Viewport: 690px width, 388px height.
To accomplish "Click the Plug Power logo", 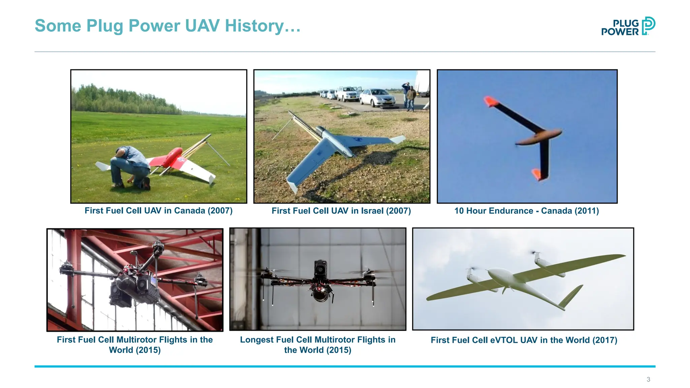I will [628, 26].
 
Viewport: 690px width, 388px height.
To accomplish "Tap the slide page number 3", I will [648, 379].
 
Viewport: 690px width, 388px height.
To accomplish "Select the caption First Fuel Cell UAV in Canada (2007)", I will [158, 211].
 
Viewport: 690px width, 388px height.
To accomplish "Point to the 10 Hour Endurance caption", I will [526, 211].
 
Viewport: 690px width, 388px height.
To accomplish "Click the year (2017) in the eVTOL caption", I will [605, 340].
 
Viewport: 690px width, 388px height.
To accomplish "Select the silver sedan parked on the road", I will [377, 98].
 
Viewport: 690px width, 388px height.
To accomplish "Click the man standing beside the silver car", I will [410, 98].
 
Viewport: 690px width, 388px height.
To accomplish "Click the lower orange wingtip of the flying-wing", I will [536, 174].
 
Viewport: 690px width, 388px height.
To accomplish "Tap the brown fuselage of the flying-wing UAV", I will [539, 136].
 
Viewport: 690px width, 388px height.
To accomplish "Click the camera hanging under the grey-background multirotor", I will [320, 294].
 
